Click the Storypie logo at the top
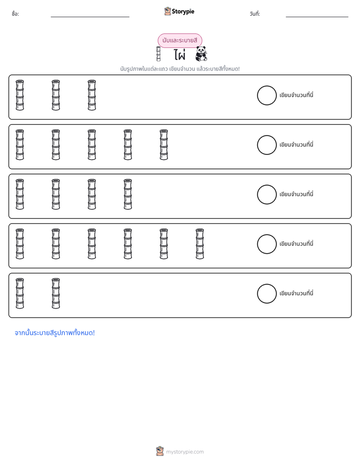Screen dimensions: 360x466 pyautogui.click(x=179, y=11)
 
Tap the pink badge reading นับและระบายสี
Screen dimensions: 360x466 pyautogui.click(x=179, y=40)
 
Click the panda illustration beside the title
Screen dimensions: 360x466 pyautogui.click(x=201, y=54)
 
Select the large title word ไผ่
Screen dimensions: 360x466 pyautogui.click(x=179, y=54)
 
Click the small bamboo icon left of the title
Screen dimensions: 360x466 pyautogui.click(x=158, y=54)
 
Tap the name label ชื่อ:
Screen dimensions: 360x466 pyautogui.click(x=16, y=14)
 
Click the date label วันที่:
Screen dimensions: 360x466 pyautogui.click(x=255, y=14)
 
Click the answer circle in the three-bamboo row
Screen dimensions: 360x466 pyautogui.click(x=267, y=95)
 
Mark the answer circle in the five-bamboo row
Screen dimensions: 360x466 pyautogui.click(x=267, y=145)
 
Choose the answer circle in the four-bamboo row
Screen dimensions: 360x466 pyautogui.click(x=267, y=195)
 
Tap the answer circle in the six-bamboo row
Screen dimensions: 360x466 pyautogui.click(x=267, y=244)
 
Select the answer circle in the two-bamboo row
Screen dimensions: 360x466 pyautogui.click(x=267, y=294)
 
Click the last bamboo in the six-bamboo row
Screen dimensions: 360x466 pyautogui.click(x=200, y=244)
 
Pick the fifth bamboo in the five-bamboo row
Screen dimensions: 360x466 pyautogui.click(x=164, y=145)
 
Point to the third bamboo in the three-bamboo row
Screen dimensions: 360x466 pyautogui.click(x=92, y=95)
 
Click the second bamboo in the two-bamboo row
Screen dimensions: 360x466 pyautogui.click(x=56, y=294)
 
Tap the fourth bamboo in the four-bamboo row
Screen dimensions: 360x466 pyautogui.click(x=128, y=194)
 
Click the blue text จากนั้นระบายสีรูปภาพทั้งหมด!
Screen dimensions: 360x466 pyautogui.click(x=54, y=333)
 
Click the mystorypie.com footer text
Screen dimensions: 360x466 pyautogui.click(x=185, y=452)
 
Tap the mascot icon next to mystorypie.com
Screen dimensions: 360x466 pyautogui.click(x=160, y=451)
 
